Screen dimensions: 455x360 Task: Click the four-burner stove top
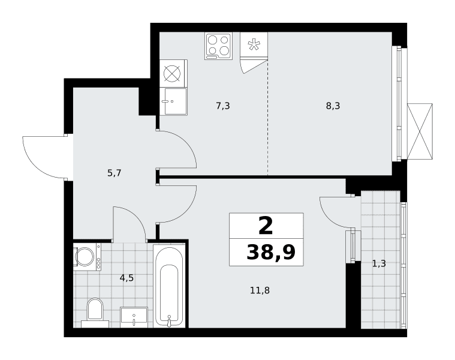click(218, 46)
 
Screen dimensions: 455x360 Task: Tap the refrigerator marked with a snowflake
click(254, 46)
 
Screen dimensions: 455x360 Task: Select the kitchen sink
click(173, 101)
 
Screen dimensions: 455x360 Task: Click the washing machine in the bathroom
click(87, 257)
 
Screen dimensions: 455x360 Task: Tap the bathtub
click(169, 287)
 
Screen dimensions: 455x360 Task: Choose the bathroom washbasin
click(134, 317)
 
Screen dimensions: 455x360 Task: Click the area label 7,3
click(223, 106)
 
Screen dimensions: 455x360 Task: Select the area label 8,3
click(333, 106)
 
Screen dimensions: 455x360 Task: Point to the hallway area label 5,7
click(114, 173)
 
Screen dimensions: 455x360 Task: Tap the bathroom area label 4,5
click(127, 278)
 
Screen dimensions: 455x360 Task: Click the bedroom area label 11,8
click(260, 290)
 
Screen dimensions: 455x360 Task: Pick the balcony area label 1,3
click(379, 263)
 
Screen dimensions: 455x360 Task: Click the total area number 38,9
click(271, 252)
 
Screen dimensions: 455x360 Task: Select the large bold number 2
click(266, 226)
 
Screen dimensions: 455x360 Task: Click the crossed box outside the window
click(420, 131)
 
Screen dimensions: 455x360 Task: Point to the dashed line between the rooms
click(267, 117)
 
